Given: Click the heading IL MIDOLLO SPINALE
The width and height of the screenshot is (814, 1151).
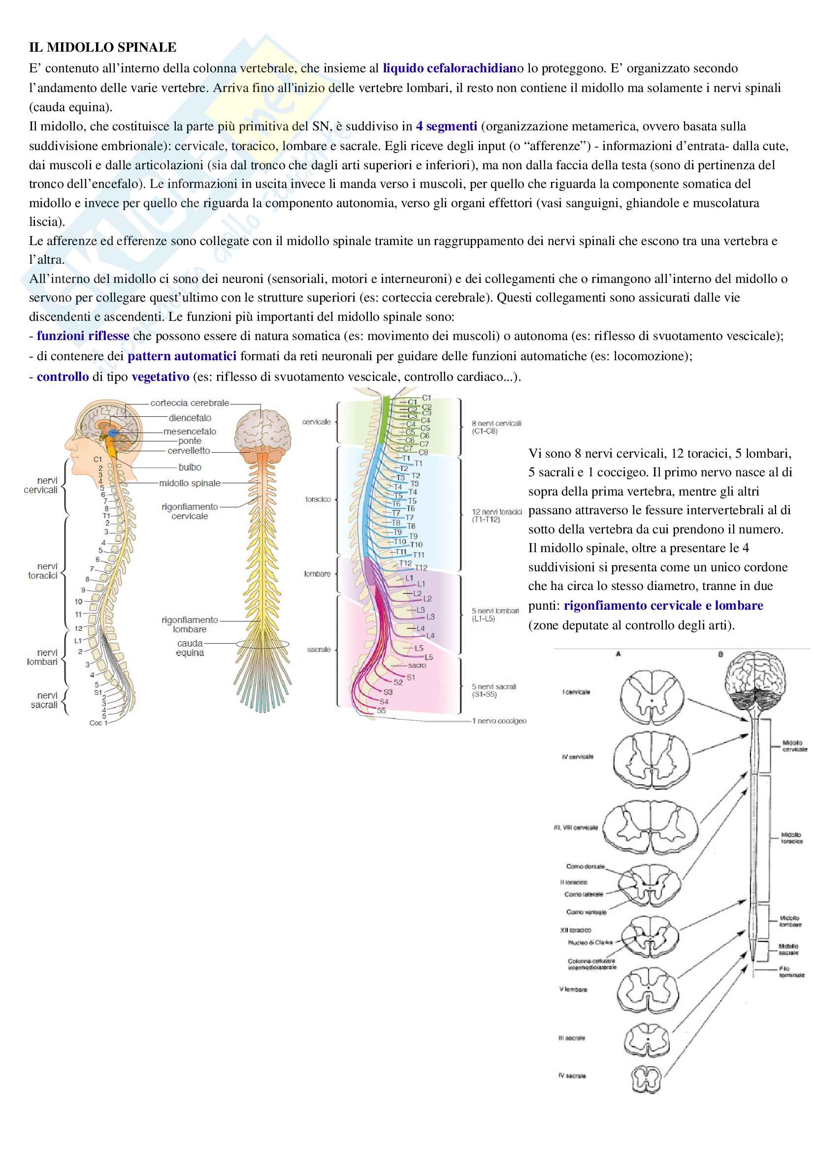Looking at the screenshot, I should pos(103,48).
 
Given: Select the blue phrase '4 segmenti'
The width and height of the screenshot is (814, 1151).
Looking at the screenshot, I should pos(446,126).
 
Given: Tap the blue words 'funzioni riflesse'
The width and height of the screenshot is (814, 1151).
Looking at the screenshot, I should pos(83,336).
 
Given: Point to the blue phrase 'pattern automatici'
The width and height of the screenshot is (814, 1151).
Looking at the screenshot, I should pos(182,356).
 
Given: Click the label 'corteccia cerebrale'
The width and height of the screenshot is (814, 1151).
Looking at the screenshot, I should pos(190,403).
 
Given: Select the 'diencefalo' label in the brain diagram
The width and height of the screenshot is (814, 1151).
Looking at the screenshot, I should pos(190,418).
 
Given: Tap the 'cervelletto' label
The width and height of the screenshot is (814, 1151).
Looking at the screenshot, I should pos(189,450).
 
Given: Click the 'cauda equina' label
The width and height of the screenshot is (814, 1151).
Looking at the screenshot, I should pos(190,648).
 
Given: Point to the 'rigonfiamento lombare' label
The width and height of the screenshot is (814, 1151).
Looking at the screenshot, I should pos(190,624).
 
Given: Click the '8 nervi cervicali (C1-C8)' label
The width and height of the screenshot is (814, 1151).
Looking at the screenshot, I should pos(496,427).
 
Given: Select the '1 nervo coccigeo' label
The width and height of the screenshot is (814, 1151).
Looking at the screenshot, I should pos(499,721).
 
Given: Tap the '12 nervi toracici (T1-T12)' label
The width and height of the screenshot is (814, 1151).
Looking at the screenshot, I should pos(496,515).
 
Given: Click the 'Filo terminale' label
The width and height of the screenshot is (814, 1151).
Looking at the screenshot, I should pos(791,971).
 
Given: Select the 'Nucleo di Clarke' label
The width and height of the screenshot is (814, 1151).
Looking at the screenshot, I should pos(590,942).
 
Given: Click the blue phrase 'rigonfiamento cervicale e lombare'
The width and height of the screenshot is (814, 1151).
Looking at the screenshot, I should pos(663,606).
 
